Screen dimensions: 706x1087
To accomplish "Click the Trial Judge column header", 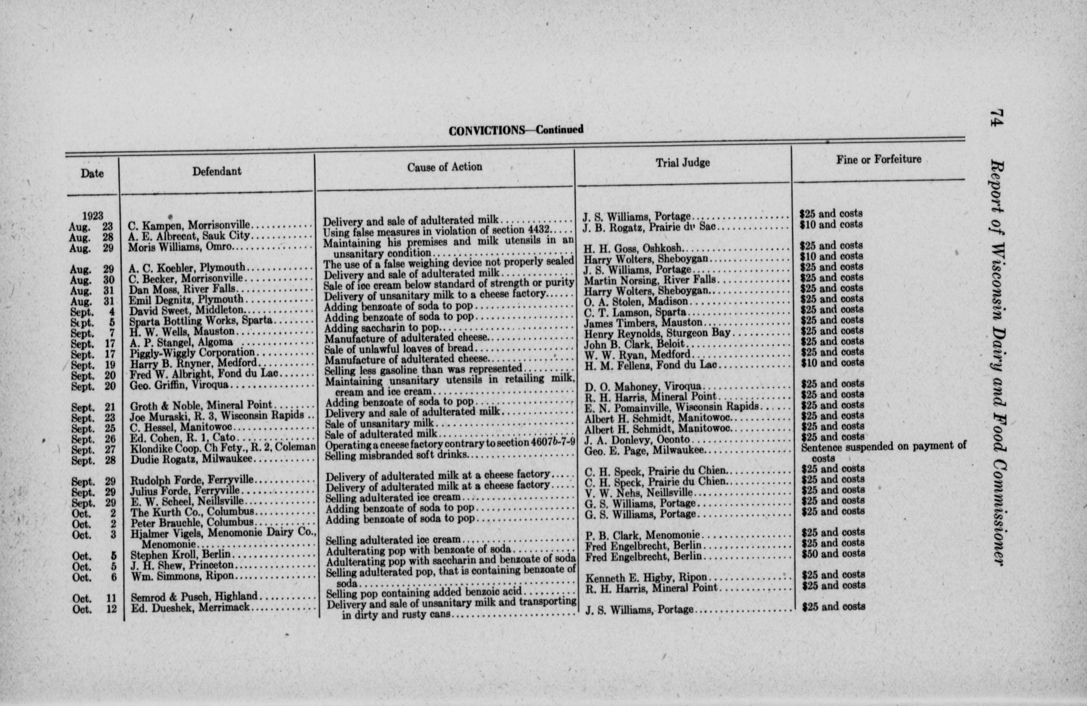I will pos(683,163).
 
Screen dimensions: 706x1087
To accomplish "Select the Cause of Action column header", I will pos(444,167).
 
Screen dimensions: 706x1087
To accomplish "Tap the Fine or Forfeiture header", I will pos(879,160).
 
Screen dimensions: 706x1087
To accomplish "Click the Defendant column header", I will pos(216,171).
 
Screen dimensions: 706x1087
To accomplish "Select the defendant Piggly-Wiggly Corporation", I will pos(192,352).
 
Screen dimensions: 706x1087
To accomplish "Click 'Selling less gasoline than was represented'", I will pos(423,369).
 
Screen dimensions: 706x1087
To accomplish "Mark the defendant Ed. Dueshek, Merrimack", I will pos(190,608).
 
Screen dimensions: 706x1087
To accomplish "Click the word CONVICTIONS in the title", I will pos(486,131).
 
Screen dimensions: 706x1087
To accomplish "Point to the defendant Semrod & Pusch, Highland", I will pos(194,597).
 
